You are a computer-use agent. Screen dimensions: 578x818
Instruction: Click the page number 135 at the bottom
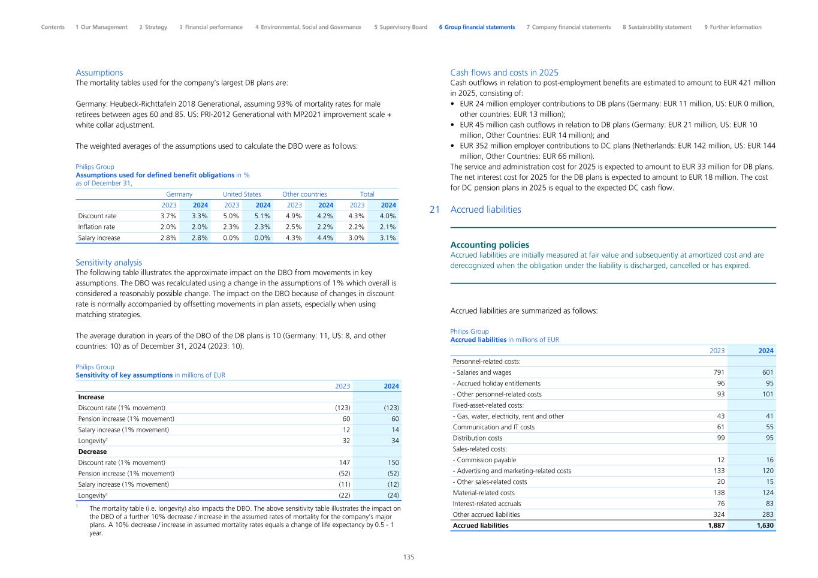point(408,557)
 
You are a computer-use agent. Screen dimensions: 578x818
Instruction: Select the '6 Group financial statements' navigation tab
point(476,27)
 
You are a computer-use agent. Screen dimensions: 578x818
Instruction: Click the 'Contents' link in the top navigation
point(53,27)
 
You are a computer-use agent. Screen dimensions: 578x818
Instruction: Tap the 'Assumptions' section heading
point(99,73)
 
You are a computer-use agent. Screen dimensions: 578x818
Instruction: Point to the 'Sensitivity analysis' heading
point(108,262)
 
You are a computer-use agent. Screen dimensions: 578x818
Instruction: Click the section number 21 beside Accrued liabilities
point(435,210)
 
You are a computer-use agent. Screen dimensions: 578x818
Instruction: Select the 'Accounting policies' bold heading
point(490,245)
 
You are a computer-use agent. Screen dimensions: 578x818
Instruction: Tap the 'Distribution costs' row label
point(478,438)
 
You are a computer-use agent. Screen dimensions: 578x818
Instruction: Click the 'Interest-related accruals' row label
point(487,504)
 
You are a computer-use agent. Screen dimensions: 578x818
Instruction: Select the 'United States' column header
point(242,194)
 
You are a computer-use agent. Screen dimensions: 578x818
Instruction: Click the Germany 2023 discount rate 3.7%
point(168,216)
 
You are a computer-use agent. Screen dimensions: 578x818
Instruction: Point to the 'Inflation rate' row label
point(96,227)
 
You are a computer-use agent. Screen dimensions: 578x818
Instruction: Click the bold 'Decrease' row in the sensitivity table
point(92,451)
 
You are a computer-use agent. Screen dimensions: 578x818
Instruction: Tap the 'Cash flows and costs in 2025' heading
point(504,73)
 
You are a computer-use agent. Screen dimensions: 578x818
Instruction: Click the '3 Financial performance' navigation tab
point(210,27)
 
